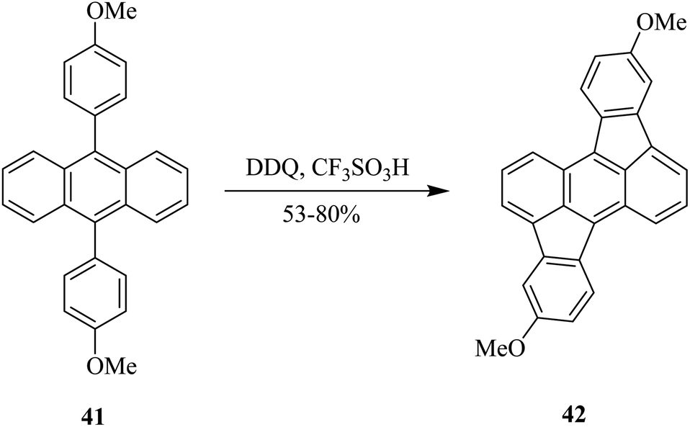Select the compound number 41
coord(95,415)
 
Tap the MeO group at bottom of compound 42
coord(501,349)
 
